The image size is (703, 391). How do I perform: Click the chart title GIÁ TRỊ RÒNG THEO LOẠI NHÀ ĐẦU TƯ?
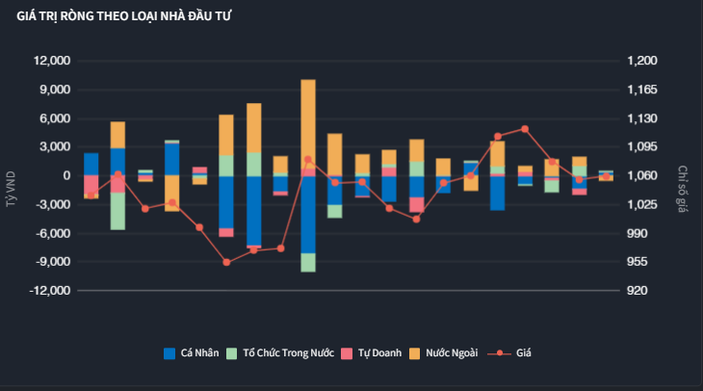coord(123,16)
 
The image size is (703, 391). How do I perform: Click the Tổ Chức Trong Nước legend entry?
coord(280,353)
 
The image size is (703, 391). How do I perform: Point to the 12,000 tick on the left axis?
coord(53,61)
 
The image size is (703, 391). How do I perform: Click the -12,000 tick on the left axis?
coord(51,291)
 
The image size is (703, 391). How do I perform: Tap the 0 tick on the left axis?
coord(66,176)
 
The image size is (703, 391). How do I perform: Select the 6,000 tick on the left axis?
coord(56,118)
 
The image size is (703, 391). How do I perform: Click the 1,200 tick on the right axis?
coord(641,61)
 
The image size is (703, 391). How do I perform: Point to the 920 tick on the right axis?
coord(637,291)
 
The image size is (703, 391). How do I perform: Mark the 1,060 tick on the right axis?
coord(641,176)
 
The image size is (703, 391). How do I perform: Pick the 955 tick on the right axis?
coord(637,262)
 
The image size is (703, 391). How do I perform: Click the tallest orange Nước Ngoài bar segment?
coord(308,120)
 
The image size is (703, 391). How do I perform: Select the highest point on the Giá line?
coord(525,128)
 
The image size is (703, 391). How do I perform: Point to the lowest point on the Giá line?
coord(226,262)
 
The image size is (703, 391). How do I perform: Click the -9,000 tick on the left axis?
coord(53,262)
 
